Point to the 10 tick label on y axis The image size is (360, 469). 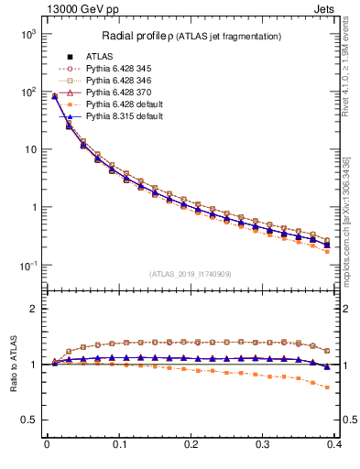[x=28, y=149]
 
